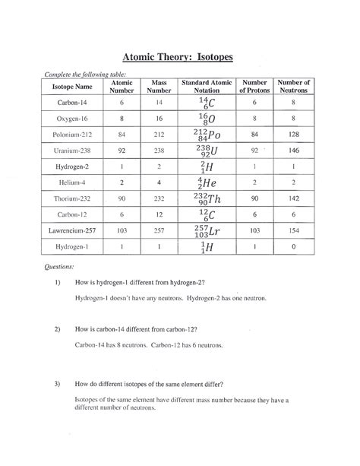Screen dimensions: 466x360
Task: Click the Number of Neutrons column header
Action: coord(293,87)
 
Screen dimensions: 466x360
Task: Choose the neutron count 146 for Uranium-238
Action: coord(293,151)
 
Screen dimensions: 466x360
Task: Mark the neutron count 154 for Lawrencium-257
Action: coord(293,232)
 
